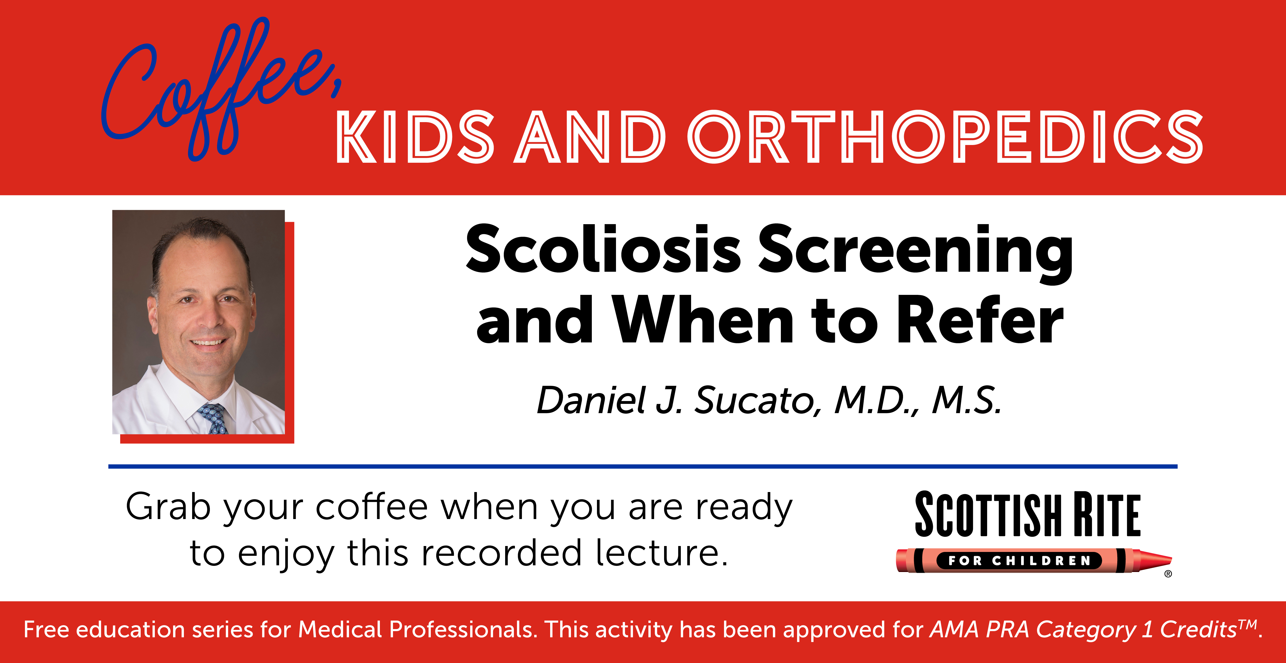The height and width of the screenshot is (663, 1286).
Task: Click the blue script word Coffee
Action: (220, 90)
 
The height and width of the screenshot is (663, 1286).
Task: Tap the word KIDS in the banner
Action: (415, 137)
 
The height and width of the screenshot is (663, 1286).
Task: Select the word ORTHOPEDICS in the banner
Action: (945, 137)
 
